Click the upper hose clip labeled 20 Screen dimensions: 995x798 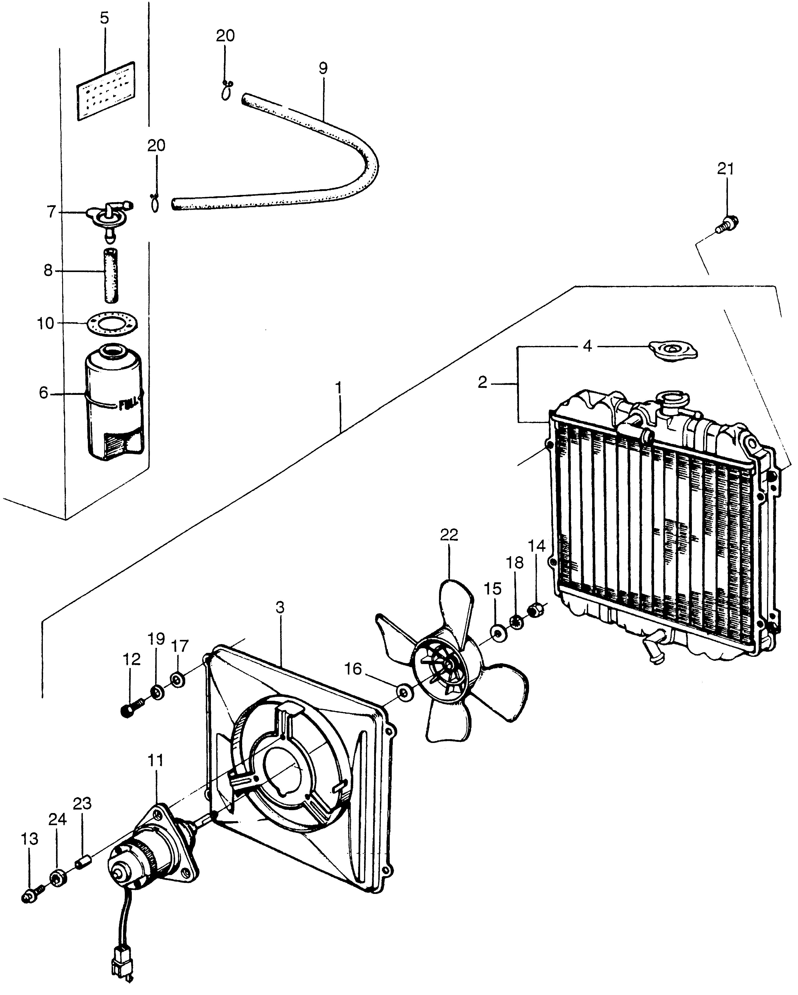click(226, 91)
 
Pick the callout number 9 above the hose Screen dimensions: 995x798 click(323, 68)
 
